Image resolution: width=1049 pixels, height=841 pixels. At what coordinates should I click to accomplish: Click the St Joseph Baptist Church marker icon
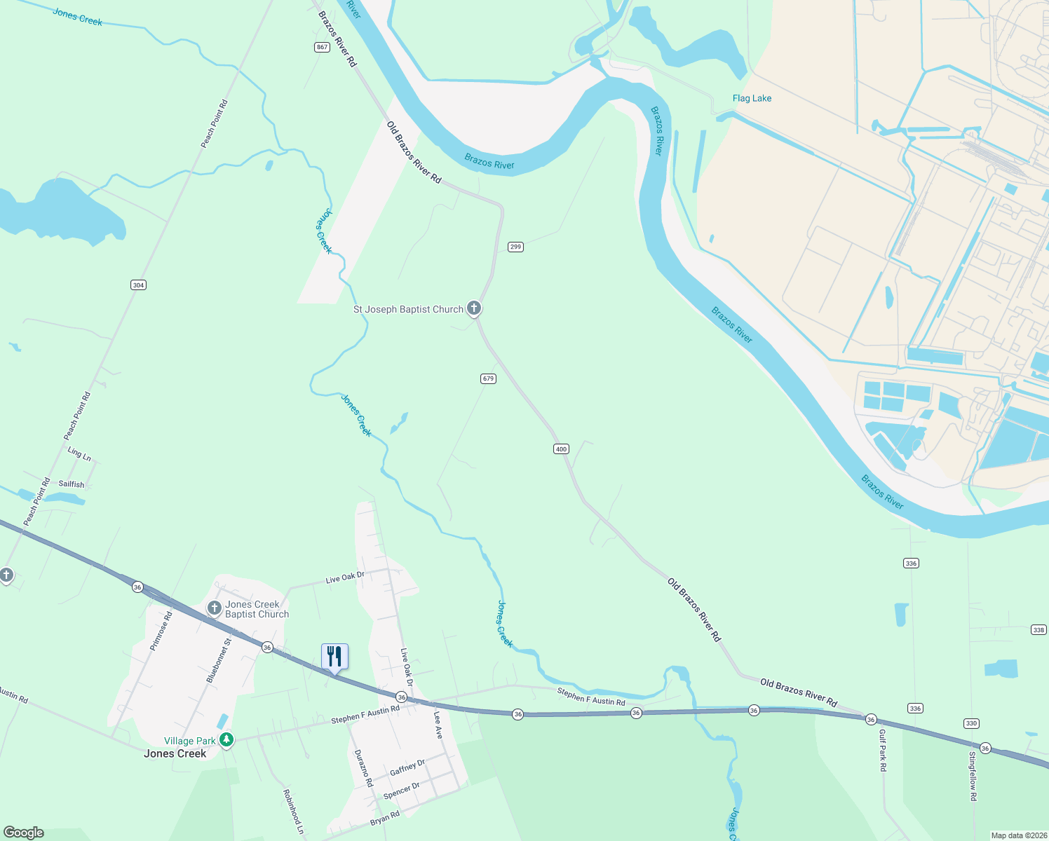click(474, 308)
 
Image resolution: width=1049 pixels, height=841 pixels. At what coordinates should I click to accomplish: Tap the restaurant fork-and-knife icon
click(334, 657)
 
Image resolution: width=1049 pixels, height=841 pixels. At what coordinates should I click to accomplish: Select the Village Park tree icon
click(226, 740)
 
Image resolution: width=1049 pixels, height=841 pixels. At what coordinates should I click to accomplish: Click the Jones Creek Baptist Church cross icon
click(215, 608)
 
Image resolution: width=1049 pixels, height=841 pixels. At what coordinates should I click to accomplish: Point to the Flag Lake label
click(752, 98)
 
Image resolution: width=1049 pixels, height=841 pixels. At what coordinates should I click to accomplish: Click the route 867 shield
click(322, 47)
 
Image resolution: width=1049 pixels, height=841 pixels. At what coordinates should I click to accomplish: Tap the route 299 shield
click(515, 247)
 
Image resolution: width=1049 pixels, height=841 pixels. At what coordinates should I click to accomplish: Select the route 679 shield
click(488, 378)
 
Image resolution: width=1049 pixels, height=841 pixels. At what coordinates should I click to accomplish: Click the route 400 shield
click(561, 449)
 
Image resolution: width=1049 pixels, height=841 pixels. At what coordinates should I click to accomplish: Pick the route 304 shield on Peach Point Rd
click(138, 285)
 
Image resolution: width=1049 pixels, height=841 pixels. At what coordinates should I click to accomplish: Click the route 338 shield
click(1038, 630)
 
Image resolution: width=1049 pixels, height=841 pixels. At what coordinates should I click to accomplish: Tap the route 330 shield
click(971, 723)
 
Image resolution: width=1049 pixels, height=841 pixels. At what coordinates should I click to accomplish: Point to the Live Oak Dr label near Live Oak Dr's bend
click(345, 578)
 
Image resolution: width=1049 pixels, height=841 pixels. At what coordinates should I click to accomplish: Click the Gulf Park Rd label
click(882, 750)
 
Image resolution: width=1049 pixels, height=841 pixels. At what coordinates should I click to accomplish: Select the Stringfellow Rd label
click(973, 777)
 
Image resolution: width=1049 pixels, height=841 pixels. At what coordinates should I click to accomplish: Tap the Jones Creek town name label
click(175, 754)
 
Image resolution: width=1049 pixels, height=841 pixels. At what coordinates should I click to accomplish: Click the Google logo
click(24, 832)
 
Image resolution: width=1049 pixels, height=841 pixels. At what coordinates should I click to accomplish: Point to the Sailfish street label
click(72, 484)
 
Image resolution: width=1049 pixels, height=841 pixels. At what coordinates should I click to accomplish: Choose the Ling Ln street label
click(79, 454)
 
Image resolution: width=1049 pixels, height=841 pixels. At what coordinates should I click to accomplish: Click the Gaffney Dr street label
click(407, 767)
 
